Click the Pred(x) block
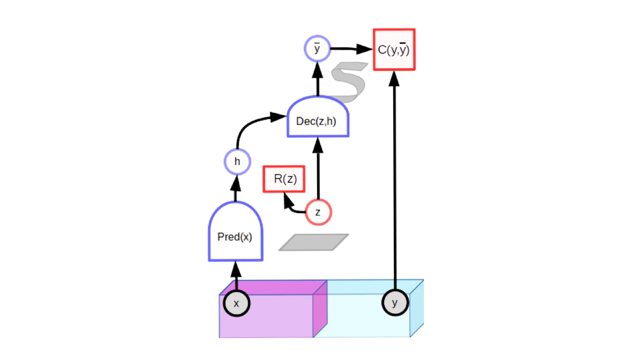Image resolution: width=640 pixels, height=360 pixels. coord(236,231)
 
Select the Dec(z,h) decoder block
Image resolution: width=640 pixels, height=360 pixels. coord(318,116)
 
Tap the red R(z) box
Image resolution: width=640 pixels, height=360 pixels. coord(284,179)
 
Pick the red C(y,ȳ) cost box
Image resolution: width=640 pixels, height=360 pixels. coord(394,49)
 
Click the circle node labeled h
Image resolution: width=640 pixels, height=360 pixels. coord(237,162)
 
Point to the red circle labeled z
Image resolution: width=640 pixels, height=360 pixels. coord(318,212)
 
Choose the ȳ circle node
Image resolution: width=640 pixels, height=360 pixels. coord(317,49)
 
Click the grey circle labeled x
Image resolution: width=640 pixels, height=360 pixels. coord(237,303)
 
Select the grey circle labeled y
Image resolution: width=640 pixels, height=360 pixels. coord(395,303)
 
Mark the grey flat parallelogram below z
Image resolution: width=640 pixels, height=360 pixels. coord(314,242)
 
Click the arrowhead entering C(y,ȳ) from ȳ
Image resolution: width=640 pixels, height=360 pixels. coord(364,49)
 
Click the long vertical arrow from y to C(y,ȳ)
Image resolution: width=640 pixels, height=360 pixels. coord(395,180)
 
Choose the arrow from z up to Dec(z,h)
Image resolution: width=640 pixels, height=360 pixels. coord(318,168)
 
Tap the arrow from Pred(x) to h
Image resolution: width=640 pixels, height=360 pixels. coord(236,188)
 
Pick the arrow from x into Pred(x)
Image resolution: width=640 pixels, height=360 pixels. coord(236,276)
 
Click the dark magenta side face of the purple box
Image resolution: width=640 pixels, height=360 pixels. coord(320,309)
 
